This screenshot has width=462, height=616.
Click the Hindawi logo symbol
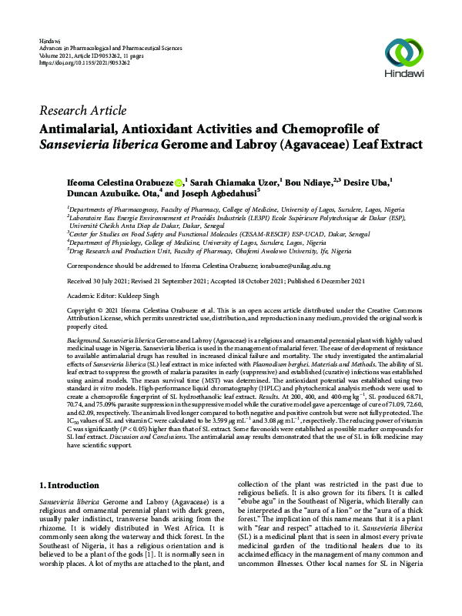[407, 52]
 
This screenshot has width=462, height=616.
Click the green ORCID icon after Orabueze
[178, 182]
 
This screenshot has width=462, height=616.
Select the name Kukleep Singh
[147, 294]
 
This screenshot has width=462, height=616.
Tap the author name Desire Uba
[364, 182]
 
